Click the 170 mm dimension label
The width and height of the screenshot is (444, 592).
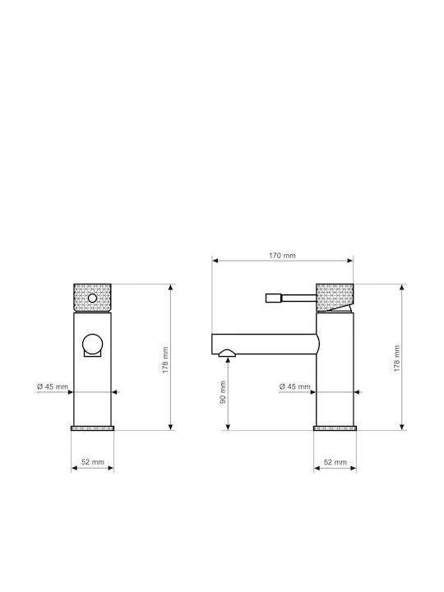tap(282, 256)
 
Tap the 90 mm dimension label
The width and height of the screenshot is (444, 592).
tap(223, 392)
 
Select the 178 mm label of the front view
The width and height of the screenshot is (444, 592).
tap(165, 360)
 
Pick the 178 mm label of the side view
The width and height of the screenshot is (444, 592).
tap(396, 358)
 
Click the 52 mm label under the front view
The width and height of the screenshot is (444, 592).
tap(92, 462)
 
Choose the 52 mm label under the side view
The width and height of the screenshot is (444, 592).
tap(335, 462)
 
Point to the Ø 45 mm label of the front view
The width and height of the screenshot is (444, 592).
tap(53, 386)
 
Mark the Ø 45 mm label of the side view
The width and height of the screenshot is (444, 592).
tap(295, 386)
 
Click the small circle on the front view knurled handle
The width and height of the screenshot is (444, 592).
tap(92, 298)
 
